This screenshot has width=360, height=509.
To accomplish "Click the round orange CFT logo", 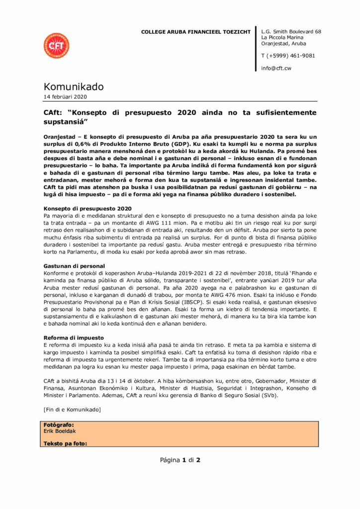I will point(56,45).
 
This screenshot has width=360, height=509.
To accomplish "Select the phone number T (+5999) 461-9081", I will point(288,56).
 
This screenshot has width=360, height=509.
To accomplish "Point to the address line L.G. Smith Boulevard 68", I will point(291,32).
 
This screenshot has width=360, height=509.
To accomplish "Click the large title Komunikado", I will point(74,87).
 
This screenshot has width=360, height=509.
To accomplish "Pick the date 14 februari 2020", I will point(65,97).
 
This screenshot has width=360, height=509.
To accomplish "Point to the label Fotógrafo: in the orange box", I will point(59,425).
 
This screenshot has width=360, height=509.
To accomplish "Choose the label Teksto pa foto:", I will point(65,443).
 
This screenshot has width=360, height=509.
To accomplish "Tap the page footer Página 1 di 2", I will point(180,460).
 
